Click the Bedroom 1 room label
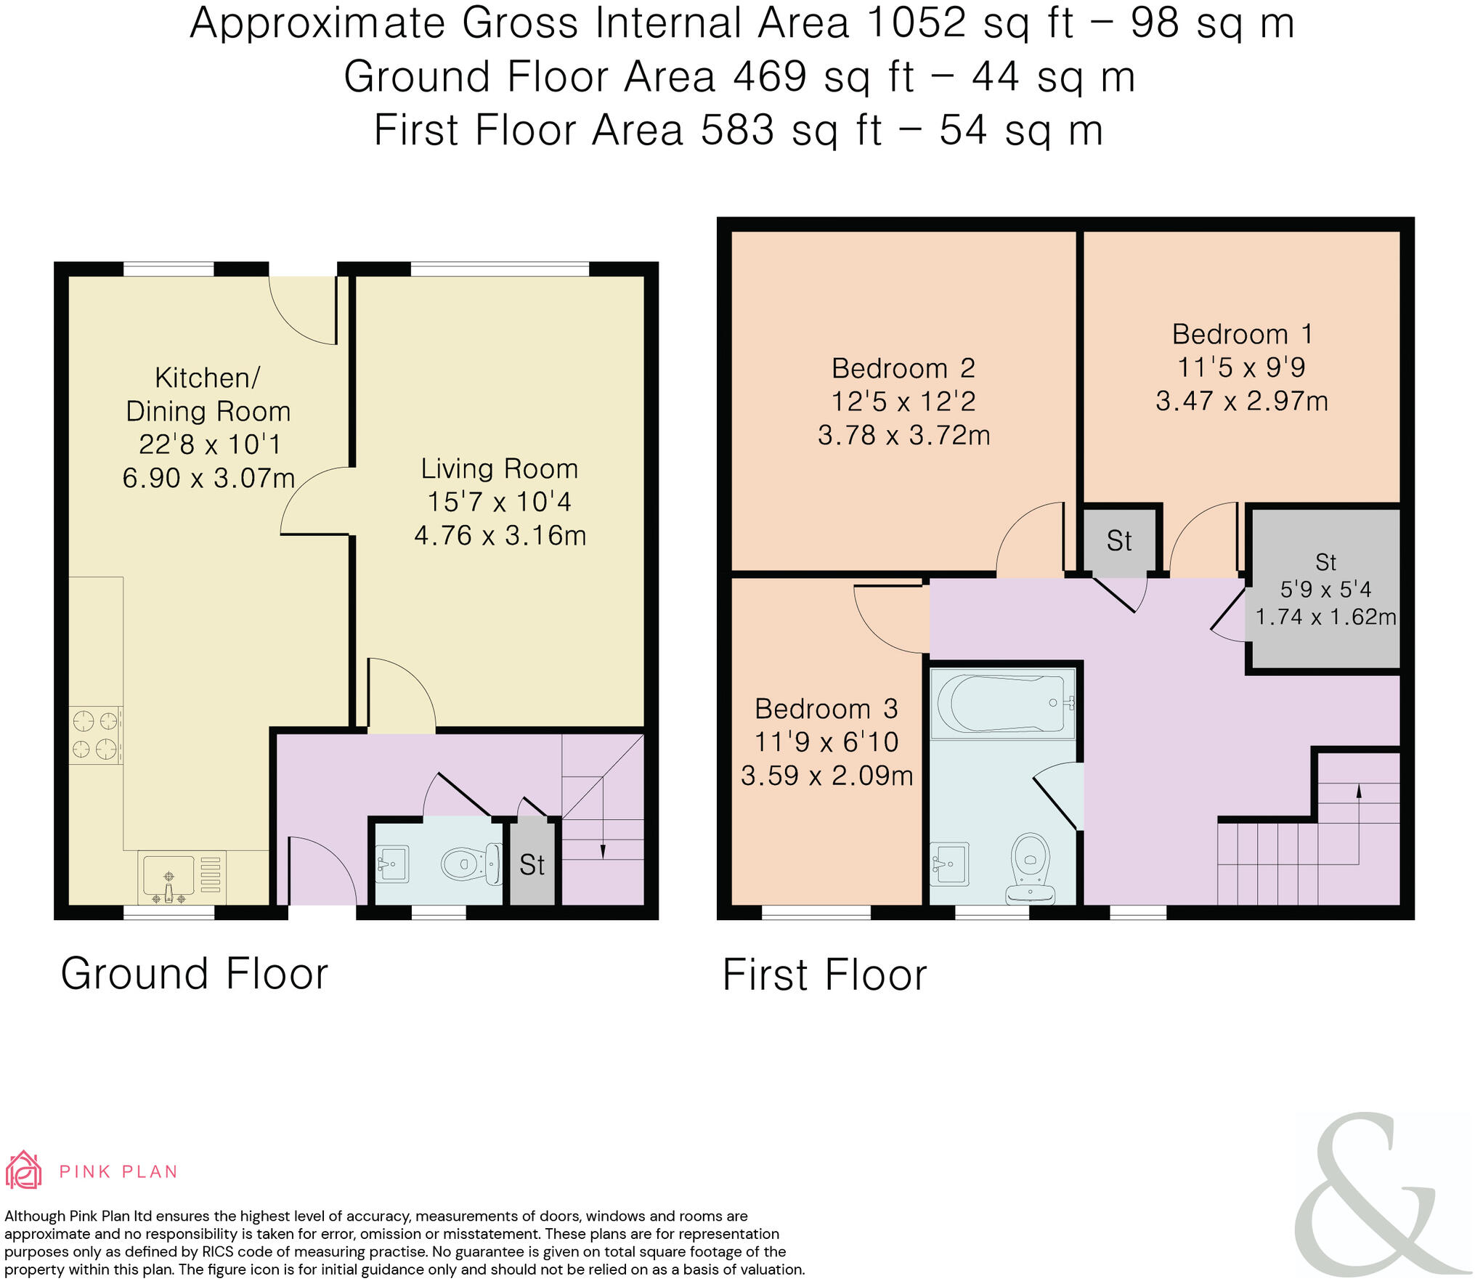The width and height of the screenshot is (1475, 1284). (x=1242, y=335)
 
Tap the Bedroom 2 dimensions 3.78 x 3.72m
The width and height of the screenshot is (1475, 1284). (x=904, y=435)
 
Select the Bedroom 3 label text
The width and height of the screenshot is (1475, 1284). (x=826, y=708)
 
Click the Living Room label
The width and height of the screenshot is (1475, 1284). (x=500, y=469)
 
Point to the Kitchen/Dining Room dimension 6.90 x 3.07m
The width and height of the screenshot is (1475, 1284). (x=208, y=478)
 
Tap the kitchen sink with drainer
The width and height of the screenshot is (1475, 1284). (x=182, y=877)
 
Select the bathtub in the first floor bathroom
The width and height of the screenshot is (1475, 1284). (x=1002, y=703)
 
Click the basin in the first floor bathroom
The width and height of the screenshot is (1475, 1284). (x=949, y=864)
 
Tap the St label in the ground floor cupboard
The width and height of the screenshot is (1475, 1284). (x=532, y=865)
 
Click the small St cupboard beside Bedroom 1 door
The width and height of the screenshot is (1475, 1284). (x=1119, y=541)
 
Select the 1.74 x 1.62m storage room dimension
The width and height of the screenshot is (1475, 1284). (x=1326, y=617)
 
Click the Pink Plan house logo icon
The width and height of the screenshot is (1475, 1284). (x=23, y=1169)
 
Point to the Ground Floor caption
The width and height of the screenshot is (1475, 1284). (x=195, y=973)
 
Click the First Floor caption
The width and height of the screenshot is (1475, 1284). (x=825, y=975)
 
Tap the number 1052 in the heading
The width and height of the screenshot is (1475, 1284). (x=917, y=23)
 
